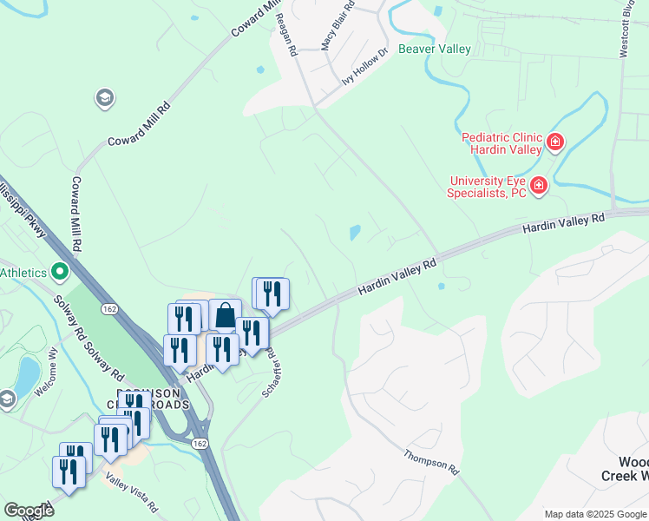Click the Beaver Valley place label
click(434, 49)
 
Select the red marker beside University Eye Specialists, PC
click(538, 185)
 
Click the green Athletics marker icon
click(60, 273)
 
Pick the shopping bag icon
click(225, 314)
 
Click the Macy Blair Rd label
click(338, 26)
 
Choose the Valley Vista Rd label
click(132, 491)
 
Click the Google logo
click(29, 511)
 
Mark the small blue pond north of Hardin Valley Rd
click(354, 232)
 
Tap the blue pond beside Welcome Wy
click(26, 373)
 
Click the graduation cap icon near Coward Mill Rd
click(105, 97)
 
